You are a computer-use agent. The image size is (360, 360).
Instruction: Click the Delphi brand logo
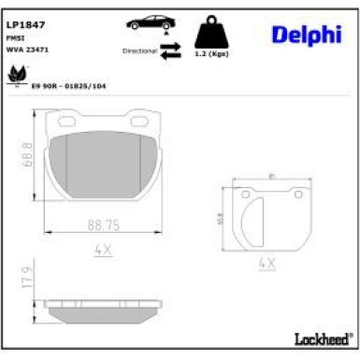[306, 35]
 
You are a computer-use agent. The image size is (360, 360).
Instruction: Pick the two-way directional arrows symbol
[170, 52]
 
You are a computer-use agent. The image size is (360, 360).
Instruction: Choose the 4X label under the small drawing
[267, 264]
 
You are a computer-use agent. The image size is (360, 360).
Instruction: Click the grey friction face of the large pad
[102, 164]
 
